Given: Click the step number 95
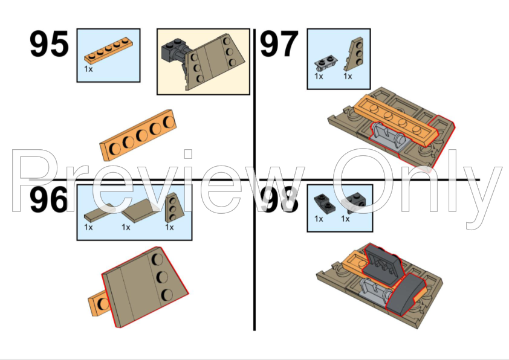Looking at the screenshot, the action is click(49, 43).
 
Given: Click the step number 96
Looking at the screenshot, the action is click(49, 200).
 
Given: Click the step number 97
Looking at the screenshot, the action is click(279, 43).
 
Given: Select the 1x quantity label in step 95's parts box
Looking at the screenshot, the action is click(88, 69).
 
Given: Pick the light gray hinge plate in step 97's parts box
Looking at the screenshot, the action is click(326, 63).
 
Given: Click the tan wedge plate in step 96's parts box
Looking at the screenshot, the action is click(174, 208).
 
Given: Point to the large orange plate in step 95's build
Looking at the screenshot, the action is click(138, 135).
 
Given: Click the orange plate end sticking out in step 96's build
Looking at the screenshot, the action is click(99, 303).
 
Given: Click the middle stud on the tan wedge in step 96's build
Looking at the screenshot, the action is click(162, 277).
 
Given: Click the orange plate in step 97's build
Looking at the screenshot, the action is click(396, 120).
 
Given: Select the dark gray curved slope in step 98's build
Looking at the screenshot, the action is click(406, 294).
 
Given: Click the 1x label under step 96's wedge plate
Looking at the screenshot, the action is click(169, 227).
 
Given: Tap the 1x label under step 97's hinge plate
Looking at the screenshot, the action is click(319, 76).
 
